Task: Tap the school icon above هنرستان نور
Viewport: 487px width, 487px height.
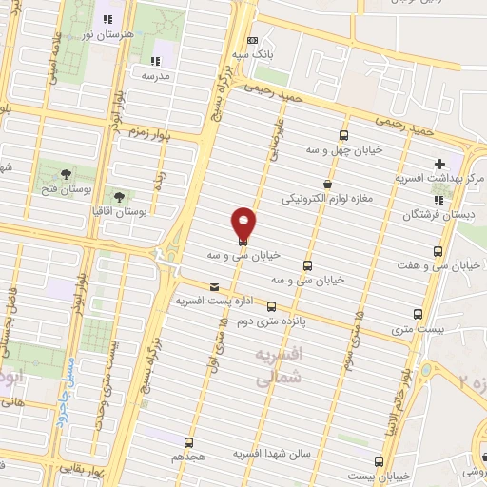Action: tap(107, 18)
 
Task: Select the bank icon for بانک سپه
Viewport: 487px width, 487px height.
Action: tap(251, 40)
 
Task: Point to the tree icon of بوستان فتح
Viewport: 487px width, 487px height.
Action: tap(65, 173)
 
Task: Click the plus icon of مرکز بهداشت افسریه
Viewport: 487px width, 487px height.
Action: tap(438, 163)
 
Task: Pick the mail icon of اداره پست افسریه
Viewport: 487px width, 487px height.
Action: tap(213, 286)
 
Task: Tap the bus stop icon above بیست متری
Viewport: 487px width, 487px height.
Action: tap(417, 314)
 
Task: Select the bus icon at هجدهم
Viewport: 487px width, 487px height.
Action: tap(187, 441)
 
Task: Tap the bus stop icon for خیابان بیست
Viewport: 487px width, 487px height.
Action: tap(381, 458)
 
